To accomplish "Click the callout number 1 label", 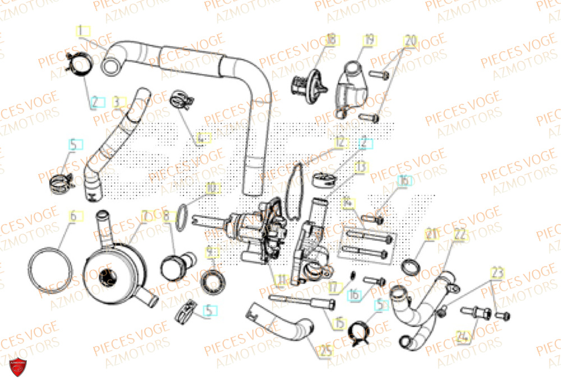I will click(x=82, y=30).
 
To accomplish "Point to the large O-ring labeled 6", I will click(x=51, y=269).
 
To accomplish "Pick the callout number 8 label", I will click(x=166, y=215).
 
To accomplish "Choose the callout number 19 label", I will click(x=369, y=40).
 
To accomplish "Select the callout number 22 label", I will click(x=460, y=236).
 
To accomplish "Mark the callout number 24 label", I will click(x=462, y=337).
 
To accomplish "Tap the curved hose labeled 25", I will click(x=286, y=324).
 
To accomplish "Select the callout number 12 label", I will click(x=340, y=143).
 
